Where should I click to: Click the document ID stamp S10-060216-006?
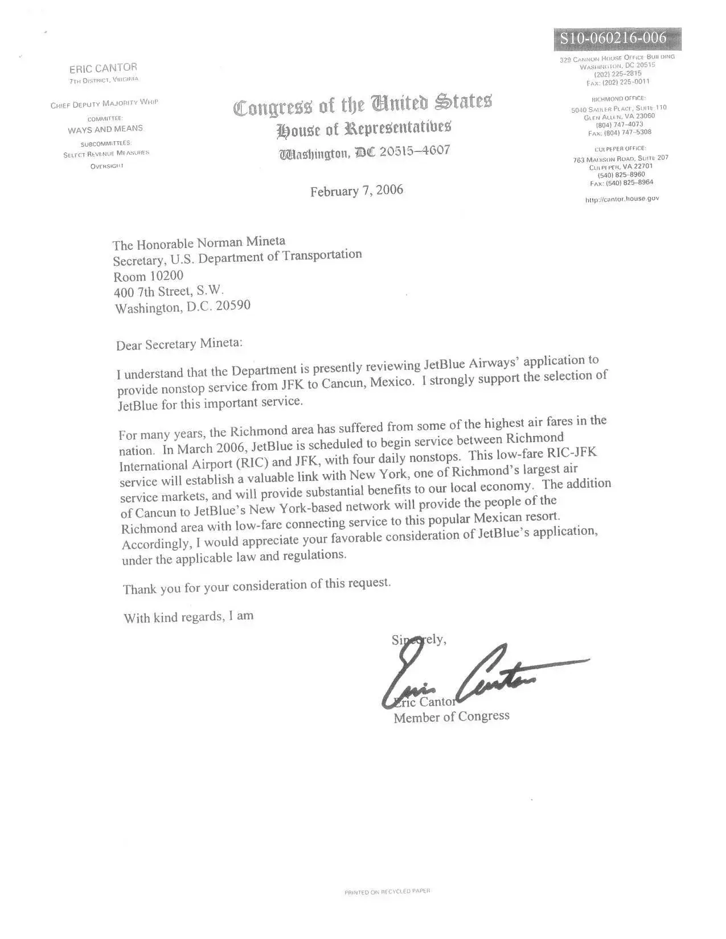[612, 39]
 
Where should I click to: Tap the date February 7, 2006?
[356, 191]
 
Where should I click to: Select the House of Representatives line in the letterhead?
[364, 130]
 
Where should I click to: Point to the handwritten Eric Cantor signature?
[478, 677]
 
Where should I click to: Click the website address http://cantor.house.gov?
[622, 199]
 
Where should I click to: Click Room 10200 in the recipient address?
[148, 277]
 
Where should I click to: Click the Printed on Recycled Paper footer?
[387, 891]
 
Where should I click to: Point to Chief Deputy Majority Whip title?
[104, 104]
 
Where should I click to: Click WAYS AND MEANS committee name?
[105, 129]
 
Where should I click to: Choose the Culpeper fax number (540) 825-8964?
[622, 183]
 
